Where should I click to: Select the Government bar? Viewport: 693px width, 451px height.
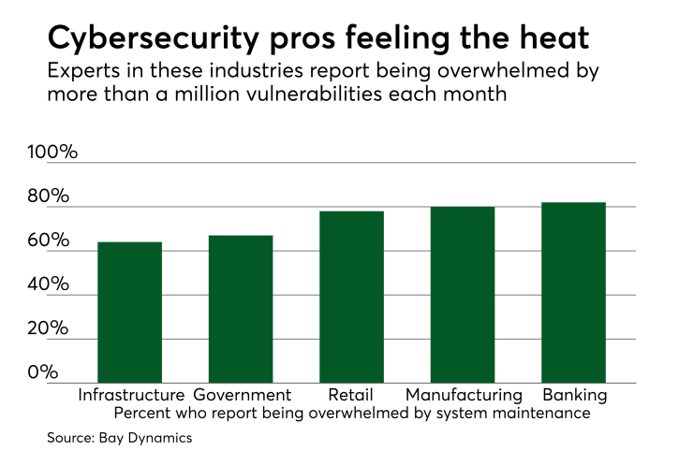point(241,309)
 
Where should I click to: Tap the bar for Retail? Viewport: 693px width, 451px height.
point(351,297)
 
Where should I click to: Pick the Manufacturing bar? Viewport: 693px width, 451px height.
point(463,295)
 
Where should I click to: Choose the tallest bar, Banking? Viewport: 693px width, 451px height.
point(573,293)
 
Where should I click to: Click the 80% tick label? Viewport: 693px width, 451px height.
point(48,196)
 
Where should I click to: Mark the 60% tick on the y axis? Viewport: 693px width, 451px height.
point(48,240)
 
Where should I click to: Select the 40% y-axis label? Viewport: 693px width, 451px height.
point(48,284)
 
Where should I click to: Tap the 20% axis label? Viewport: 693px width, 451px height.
point(48,328)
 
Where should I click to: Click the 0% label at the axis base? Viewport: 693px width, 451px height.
point(43,372)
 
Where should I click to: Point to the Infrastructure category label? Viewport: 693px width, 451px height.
point(131,395)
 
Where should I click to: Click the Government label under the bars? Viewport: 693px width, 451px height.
point(243,395)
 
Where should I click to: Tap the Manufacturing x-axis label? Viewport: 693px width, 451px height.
point(464,395)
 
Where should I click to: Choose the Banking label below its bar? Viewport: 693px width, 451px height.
point(574,395)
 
